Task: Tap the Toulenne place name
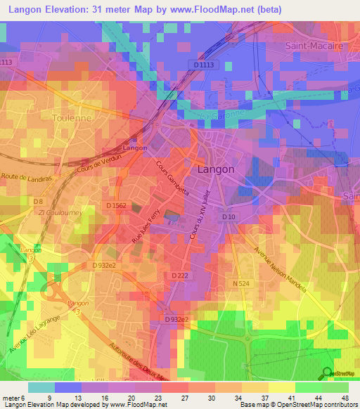pyautogui.click(x=72, y=119)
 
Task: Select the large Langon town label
pyautogui.click(x=218, y=169)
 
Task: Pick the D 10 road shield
pyautogui.click(x=228, y=218)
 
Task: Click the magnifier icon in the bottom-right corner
pyautogui.click(x=327, y=373)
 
